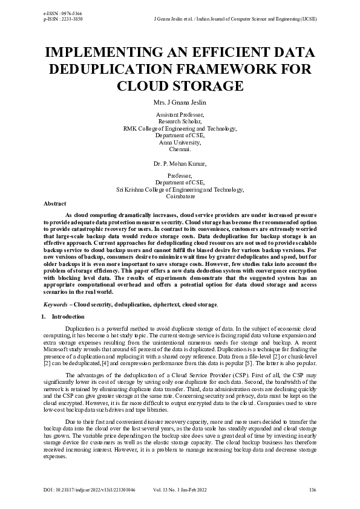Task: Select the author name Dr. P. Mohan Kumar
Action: [x=180, y=163]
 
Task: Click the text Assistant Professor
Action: [x=180, y=114]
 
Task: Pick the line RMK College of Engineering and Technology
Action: [x=180, y=129]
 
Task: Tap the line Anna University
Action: [x=180, y=143]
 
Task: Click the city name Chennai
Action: [x=180, y=149]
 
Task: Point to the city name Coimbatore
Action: [x=180, y=196]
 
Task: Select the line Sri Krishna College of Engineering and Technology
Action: [x=180, y=189]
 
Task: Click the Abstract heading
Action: [x=55, y=204]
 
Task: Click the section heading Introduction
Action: [x=68, y=316]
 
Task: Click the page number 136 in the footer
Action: [x=313, y=489]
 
